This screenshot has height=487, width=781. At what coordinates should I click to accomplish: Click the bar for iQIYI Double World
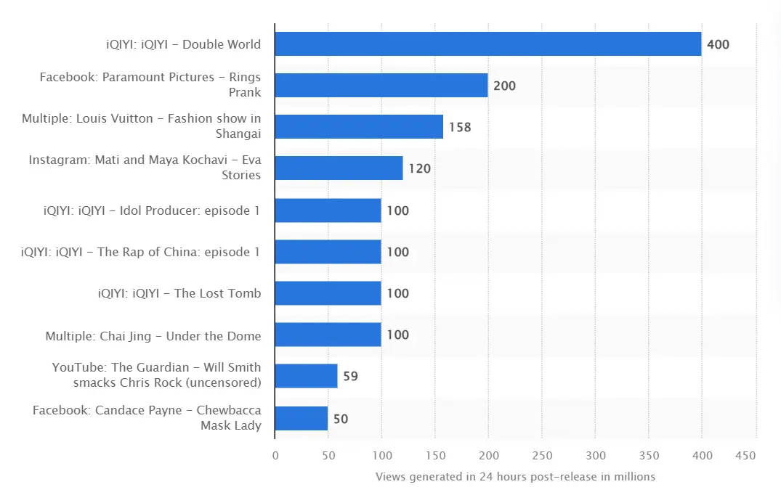pos(487,44)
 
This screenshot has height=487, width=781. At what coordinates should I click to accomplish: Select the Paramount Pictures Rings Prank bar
pos(381,86)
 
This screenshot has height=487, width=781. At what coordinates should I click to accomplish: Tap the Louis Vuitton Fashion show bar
pos(359,127)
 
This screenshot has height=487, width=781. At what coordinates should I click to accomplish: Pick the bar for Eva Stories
pos(339,168)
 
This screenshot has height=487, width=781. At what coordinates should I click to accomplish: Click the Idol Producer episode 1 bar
pos(328,210)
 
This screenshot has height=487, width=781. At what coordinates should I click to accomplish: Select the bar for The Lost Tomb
pos(328,293)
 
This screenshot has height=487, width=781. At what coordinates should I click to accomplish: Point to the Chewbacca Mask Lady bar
pos(302,419)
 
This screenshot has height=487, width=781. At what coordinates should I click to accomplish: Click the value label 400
pos(718,44)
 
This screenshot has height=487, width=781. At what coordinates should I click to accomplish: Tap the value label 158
pos(460,127)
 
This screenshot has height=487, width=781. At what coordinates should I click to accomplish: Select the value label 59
pos(350,377)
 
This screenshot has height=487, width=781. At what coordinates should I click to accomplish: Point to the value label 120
pos(419,168)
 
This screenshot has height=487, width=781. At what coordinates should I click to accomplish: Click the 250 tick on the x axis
pos(542,455)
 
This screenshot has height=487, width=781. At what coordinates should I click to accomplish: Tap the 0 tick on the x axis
pos(275,455)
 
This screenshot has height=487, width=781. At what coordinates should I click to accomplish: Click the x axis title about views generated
pos(515,476)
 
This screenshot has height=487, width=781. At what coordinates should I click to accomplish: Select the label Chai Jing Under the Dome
pos(153,335)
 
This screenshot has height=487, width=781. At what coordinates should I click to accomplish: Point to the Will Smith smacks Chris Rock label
pos(156,375)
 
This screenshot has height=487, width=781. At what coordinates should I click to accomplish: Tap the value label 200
pos(504,86)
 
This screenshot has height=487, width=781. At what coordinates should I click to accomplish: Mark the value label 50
pos(341,419)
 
